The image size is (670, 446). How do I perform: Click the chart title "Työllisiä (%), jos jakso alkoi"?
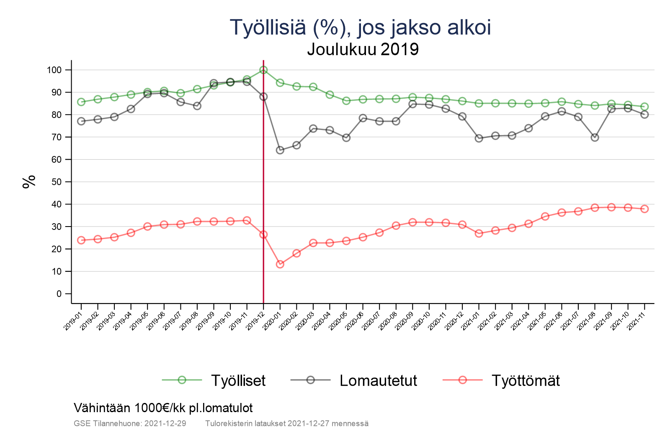(x=360, y=28)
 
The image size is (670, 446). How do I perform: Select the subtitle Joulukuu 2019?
(x=363, y=49)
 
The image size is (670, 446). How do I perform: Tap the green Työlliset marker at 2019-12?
(x=263, y=70)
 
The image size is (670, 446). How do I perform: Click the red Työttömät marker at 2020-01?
(x=280, y=264)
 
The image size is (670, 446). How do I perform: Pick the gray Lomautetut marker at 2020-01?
(x=280, y=150)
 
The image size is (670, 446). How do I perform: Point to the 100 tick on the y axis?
(x=54, y=70)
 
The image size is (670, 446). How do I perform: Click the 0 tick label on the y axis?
(x=59, y=294)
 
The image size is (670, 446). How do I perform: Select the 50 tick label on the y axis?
(x=56, y=182)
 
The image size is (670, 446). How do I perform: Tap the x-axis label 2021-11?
(x=637, y=321)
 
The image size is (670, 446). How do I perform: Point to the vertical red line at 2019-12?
(x=263, y=188)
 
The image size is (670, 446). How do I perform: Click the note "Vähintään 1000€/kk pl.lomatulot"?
(x=163, y=408)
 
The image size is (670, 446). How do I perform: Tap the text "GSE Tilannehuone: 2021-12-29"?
(x=130, y=423)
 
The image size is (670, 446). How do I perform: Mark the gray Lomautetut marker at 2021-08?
(x=595, y=137)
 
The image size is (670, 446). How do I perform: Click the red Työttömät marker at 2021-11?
(x=644, y=209)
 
